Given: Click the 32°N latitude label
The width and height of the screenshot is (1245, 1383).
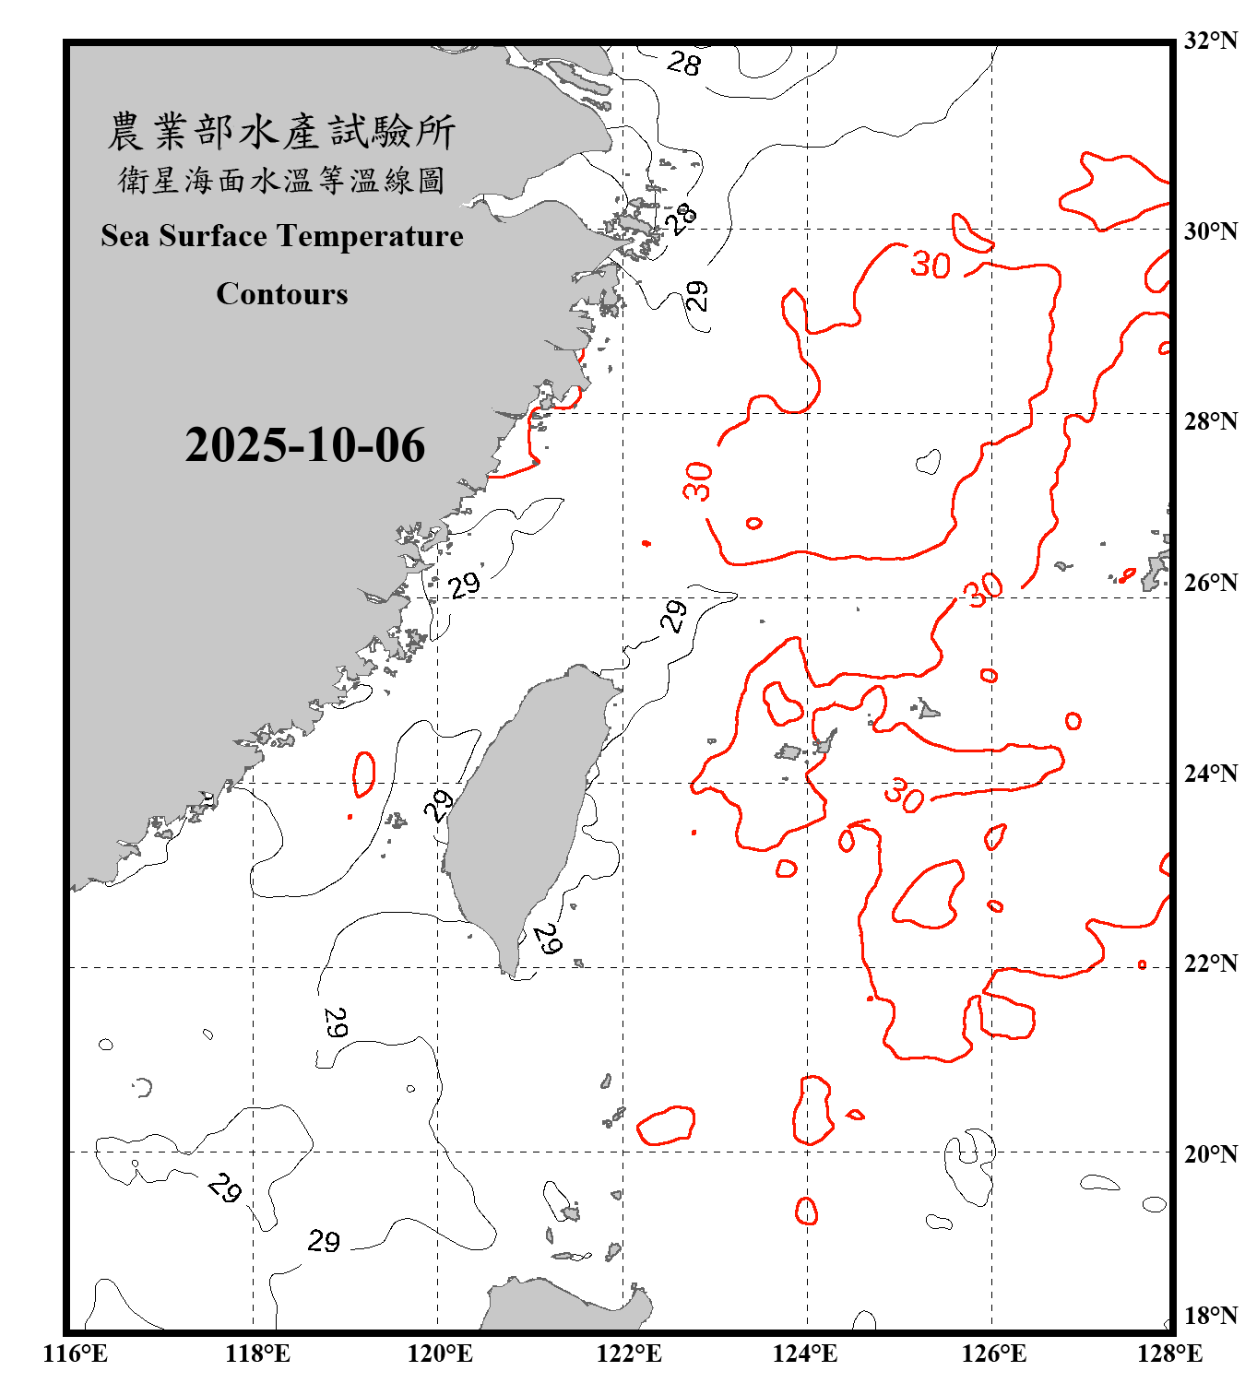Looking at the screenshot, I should (1210, 41).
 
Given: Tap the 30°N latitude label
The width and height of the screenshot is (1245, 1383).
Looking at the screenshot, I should (1210, 231).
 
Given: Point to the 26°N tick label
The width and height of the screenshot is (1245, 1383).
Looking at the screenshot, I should (1210, 583).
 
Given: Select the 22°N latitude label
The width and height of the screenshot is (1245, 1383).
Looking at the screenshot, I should (1210, 963).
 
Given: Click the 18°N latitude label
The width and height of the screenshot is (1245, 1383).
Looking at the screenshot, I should (1210, 1316).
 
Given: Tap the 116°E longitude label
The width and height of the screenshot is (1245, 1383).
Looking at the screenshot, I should (76, 1353).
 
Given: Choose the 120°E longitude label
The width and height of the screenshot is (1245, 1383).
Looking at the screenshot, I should (440, 1353).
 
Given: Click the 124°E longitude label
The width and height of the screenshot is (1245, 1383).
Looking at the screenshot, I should (805, 1353).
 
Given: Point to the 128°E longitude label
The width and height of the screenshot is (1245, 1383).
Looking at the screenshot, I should (1169, 1353).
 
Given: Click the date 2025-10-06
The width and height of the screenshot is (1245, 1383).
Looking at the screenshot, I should (305, 445).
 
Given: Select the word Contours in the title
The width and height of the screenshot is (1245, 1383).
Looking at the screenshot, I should (282, 294).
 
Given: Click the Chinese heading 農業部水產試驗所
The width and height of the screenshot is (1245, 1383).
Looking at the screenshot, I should (281, 132).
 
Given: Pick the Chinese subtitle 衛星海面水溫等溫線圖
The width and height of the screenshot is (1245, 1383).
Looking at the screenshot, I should (281, 180).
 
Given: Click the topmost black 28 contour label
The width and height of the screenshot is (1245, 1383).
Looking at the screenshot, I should (683, 64).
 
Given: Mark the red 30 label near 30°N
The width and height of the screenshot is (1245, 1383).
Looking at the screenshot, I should (930, 265).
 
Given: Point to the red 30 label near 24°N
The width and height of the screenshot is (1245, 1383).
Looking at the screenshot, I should (903, 795).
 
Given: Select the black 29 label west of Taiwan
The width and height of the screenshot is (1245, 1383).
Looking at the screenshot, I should (439, 805).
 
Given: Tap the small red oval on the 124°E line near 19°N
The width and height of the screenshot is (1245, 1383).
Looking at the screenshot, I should (806, 1211).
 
